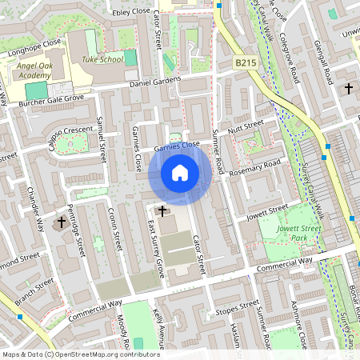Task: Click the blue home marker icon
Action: click(180, 173)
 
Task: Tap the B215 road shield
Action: click(246, 62)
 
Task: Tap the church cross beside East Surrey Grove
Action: click(162, 210)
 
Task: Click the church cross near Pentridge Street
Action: click(61, 221)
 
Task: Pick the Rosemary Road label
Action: click(255, 169)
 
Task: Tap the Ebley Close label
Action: click(131, 13)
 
